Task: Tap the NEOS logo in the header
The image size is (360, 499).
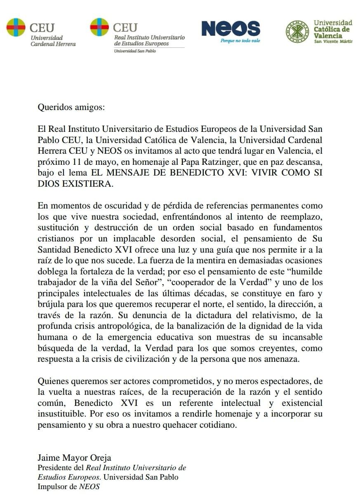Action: click(231, 29)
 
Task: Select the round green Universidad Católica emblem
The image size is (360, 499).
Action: click(297, 31)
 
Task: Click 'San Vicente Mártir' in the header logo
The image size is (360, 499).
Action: click(333, 41)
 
